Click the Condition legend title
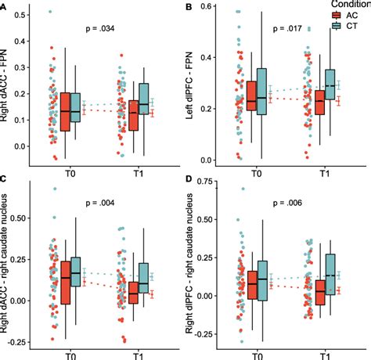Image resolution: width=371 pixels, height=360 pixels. [345, 4]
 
